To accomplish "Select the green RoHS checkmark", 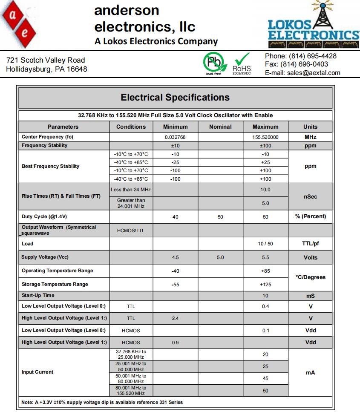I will [x=242, y=60].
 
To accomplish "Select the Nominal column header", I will [x=220, y=127].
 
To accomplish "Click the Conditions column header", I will [x=131, y=127].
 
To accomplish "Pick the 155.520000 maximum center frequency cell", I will [x=265, y=137].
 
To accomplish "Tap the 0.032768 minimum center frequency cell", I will [x=175, y=137].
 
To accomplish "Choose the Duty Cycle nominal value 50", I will [x=220, y=217].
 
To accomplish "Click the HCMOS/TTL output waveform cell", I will [x=131, y=230].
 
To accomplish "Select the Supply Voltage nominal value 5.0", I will [x=220, y=257].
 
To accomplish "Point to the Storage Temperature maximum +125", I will [x=265, y=284].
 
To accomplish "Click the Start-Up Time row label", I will [x=38, y=295].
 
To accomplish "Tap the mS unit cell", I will [x=310, y=296].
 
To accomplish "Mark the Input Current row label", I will [x=37, y=372].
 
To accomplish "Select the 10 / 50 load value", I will [x=265, y=244].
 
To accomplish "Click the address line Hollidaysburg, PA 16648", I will [x=46, y=69].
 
